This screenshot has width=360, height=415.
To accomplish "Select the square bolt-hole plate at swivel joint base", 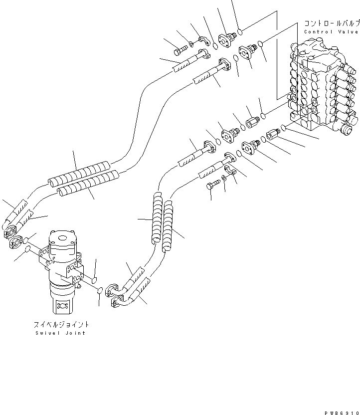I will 63,305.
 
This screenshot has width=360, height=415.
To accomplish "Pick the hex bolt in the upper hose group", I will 181,49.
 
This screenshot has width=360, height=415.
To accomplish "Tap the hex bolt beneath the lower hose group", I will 212,186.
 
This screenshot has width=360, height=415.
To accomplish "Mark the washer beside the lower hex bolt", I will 224,178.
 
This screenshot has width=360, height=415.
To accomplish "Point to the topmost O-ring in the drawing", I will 240,31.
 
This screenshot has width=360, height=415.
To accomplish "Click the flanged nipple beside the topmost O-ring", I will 229,38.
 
